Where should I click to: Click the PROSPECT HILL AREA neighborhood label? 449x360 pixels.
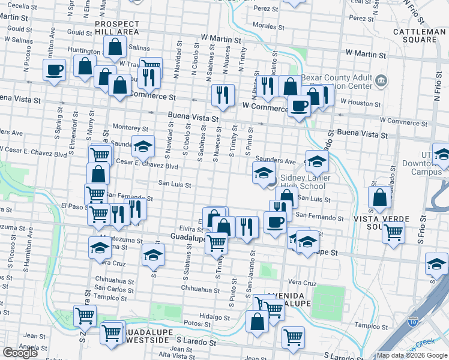coord(116,28)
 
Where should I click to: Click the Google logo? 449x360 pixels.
coord(20,352)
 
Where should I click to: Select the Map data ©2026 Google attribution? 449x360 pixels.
coord(412,355)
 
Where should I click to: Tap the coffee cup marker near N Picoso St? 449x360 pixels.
coord(54,70)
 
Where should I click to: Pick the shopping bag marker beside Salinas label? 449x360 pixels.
coord(115,46)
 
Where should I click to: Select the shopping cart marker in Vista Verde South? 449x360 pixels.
coord(394,232)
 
